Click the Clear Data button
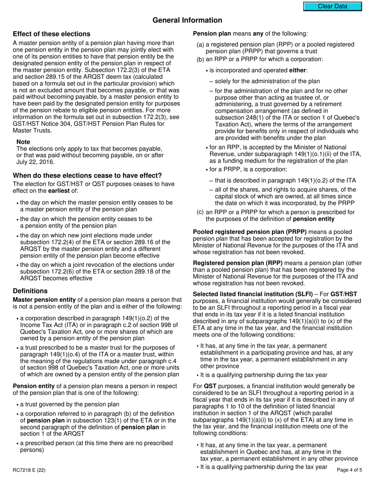(x=332, y=6)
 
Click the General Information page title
(x=187, y=20)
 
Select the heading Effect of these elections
(x=51, y=34)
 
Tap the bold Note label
(x=23, y=142)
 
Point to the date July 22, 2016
(x=36, y=162)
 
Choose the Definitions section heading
(x=30, y=291)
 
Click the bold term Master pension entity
(x=44, y=300)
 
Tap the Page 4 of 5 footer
(x=349, y=470)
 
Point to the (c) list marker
(x=200, y=212)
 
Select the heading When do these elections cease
(x=87, y=175)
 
